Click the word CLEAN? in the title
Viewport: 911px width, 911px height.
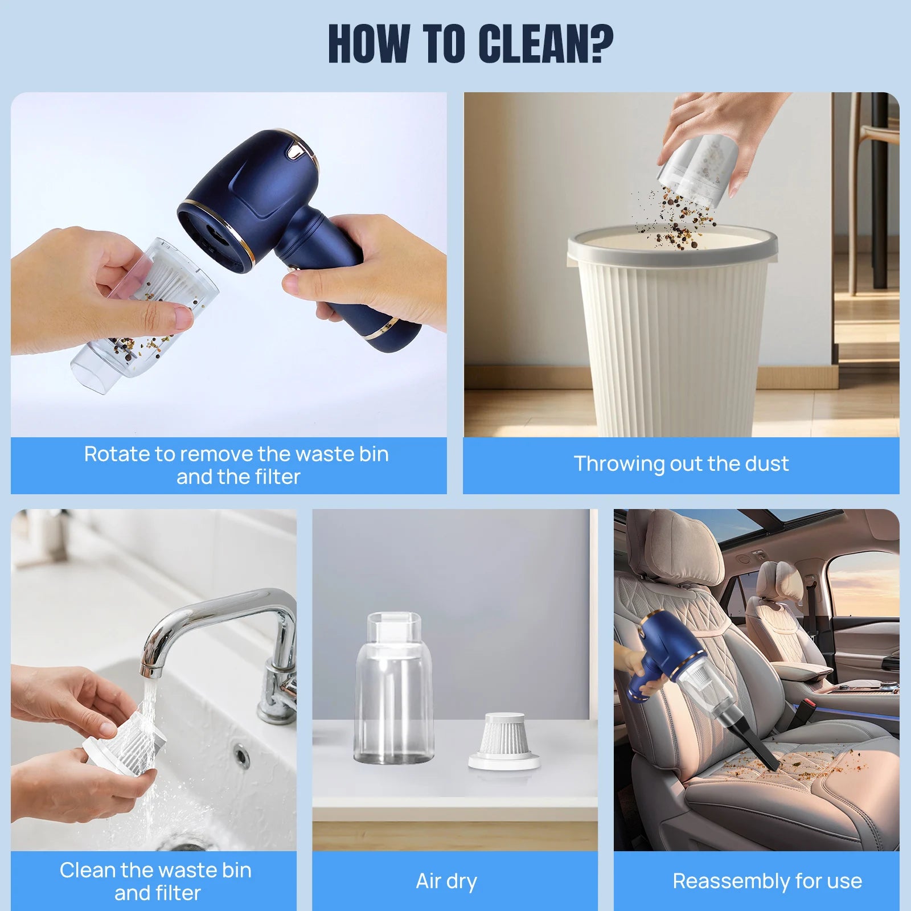[x=545, y=44]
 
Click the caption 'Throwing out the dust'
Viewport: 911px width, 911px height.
[x=681, y=464]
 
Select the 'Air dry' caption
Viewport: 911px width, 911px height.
[x=446, y=881]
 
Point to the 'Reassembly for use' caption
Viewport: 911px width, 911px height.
[x=767, y=881]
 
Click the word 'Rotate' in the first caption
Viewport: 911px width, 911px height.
[x=117, y=454]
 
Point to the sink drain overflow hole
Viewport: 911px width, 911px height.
[x=241, y=756]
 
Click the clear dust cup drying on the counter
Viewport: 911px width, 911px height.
[x=393, y=688]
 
